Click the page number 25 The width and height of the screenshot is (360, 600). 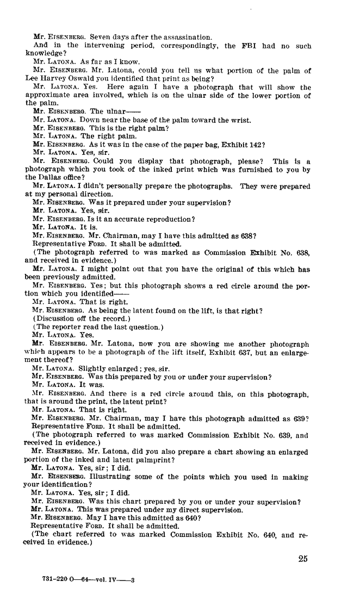pos(303,559)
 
